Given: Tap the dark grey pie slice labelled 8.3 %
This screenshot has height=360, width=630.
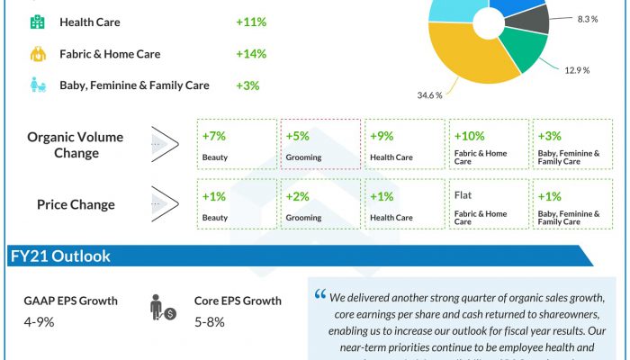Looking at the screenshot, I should pyautogui.click(x=530, y=18).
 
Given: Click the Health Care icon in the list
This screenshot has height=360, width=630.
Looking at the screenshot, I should pyautogui.click(x=37, y=22).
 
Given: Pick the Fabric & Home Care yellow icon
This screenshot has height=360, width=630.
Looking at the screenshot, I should pyautogui.click(x=37, y=54).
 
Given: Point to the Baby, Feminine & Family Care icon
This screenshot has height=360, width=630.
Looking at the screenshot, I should pyautogui.click(x=37, y=85).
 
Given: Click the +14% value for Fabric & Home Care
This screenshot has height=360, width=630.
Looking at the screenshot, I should pyautogui.click(x=250, y=54).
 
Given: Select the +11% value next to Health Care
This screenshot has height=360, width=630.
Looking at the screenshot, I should pyautogui.click(x=250, y=22).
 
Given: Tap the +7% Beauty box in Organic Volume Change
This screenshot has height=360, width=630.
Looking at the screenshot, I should pyautogui.click(x=237, y=144).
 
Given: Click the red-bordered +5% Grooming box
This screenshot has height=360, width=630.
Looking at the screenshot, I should pyautogui.click(x=320, y=144).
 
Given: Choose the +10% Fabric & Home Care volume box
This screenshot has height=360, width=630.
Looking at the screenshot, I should pyautogui.click(x=487, y=144).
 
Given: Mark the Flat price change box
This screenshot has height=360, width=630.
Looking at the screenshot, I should pyautogui.click(x=487, y=203).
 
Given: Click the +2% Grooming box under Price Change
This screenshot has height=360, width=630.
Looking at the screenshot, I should pyautogui.click(x=320, y=203).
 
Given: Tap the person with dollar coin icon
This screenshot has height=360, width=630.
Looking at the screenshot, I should pyautogui.click(x=163, y=310).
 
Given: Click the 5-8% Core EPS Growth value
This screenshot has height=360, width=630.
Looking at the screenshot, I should pyautogui.click(x=210, y=322).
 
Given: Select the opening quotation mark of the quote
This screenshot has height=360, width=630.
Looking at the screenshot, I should pyautogui.click(x=320, y=295).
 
